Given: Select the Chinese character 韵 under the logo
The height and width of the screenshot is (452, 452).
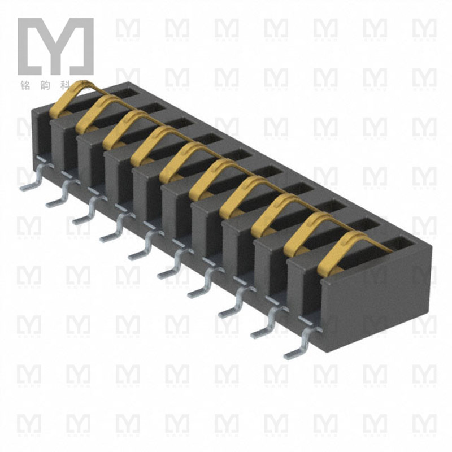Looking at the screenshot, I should coord(55,81).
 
